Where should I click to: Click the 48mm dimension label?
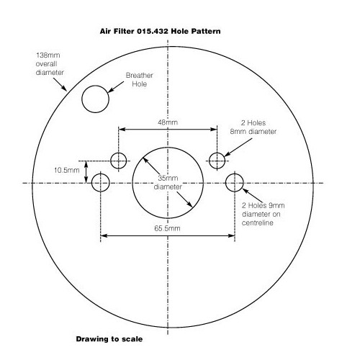click(x=168, y=122)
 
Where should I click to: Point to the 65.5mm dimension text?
click(x=167, y=228)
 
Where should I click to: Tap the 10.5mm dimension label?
click(x=67, y=171)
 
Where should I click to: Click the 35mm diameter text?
click(x=168, y=182)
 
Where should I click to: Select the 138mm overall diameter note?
click(x=50, y=64)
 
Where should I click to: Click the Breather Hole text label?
click(x=140, y=80)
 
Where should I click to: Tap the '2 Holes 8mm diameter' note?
click(x=253, y=127)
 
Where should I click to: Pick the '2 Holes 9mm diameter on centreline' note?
click(x=263, y=214)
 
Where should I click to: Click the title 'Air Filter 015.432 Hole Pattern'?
click(x=160, y=32)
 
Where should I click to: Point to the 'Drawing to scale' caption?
click(x=109, y=339)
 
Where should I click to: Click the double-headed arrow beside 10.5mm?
click(x=86, y=172)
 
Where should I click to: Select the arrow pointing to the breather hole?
click(x=116, y=87)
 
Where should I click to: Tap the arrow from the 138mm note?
click(x=60, y=84)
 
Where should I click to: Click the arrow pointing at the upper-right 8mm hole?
click(x=238, y=148)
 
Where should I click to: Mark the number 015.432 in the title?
click(x=153, y=32)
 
